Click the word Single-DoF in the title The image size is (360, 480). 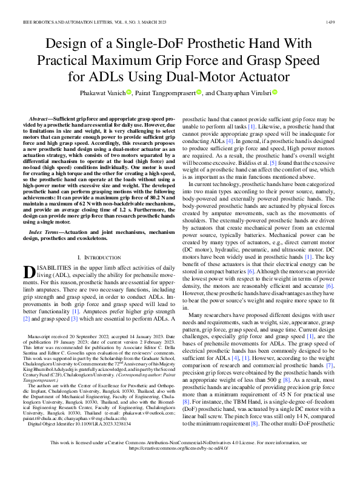pos(158,45)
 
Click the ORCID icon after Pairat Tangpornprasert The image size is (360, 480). pos(198,93)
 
